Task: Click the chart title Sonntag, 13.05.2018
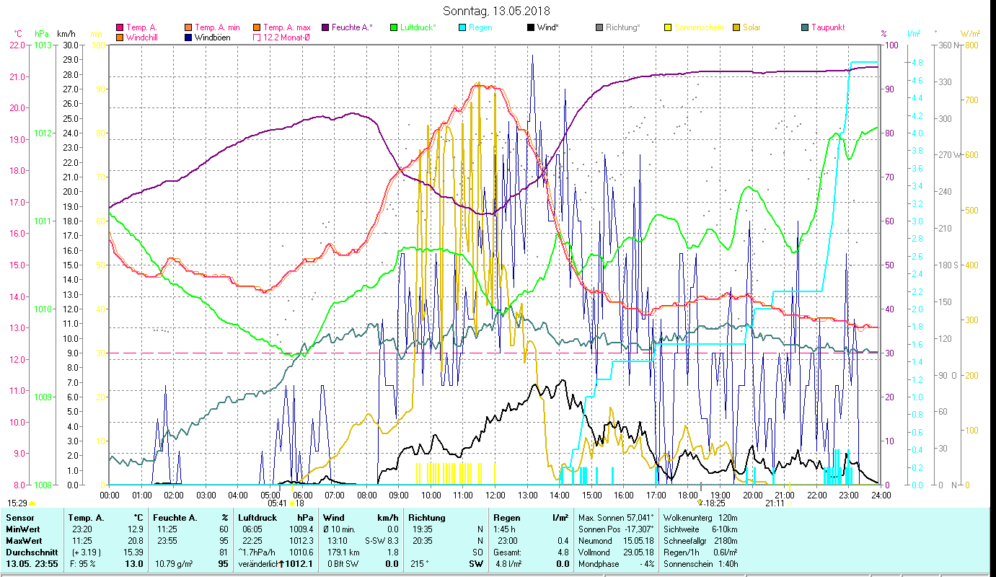496,12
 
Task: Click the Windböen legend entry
212,38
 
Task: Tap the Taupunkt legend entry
827,27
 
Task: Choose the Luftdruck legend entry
418,27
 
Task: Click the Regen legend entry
480,27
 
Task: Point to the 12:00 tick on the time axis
495,495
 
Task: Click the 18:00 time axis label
688,495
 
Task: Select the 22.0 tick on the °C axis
17,45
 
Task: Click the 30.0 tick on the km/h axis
70,45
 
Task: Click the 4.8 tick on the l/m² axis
917,63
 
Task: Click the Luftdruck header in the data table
257,518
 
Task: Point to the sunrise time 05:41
278,503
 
